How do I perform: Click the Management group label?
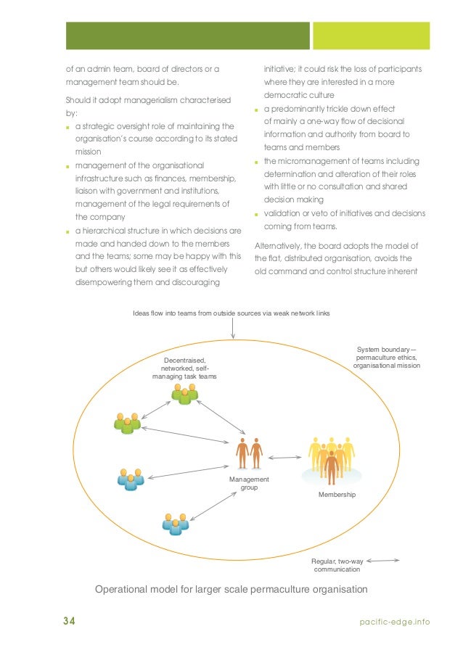click(249, 483)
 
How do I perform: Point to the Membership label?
click(337, 494)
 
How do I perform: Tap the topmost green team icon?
click(184, 392)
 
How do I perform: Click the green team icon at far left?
click(127, 423)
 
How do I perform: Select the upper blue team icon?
click(131, 479)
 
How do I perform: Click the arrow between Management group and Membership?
click(284, 457)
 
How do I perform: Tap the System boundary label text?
click(386, 358)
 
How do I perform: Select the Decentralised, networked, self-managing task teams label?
click(184, 368)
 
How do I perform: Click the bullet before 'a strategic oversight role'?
click(67, 127)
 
